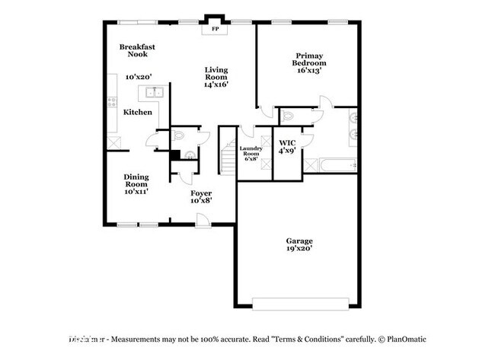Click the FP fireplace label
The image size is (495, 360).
point(214,28)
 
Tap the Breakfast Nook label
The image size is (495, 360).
point(137,50)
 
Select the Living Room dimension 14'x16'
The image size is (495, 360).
point(216,84)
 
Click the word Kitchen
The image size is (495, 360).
point(138,112)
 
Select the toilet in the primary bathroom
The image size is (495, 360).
point(287,116)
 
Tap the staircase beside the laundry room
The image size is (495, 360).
point(226,152)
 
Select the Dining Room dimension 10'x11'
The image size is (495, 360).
point(136,192)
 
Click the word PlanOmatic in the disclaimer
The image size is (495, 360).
point(407,339)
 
